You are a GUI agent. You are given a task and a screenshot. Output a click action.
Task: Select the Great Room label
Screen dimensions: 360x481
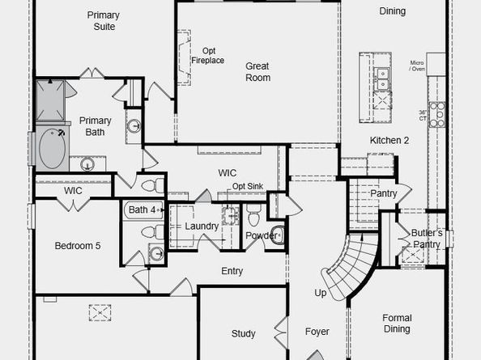(x=258, y=71)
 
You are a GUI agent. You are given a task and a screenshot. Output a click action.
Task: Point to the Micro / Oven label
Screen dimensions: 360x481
(x=418, y=66)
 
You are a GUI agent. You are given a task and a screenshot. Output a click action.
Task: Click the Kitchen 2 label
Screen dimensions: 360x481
(x=389, y=141)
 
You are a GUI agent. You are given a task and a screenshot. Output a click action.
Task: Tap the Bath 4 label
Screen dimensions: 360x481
(x=142, y=210)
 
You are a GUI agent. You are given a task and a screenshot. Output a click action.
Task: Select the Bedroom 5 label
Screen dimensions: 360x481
(x=78, y=246)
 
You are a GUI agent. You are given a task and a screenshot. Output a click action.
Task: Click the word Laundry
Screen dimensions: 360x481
(x=202, y=226)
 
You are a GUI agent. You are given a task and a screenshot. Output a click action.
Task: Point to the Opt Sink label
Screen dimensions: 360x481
(x=248, y=186)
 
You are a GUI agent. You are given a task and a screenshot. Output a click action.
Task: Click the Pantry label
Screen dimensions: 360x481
(x=383, y=194)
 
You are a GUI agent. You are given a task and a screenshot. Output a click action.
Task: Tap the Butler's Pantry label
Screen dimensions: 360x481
(x=426, y=239)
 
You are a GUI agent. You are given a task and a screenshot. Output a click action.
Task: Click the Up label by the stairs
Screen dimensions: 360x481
(x=321, y=293)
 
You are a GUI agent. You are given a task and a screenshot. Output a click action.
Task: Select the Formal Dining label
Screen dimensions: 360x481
(x=397, y=324)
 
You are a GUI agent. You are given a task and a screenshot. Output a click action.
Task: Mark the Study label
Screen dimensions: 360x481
(x=243, y=333)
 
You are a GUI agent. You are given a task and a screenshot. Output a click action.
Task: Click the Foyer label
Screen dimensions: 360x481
(x=317, y=332)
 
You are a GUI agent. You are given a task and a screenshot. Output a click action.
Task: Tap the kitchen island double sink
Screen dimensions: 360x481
(x=381, y=78)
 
